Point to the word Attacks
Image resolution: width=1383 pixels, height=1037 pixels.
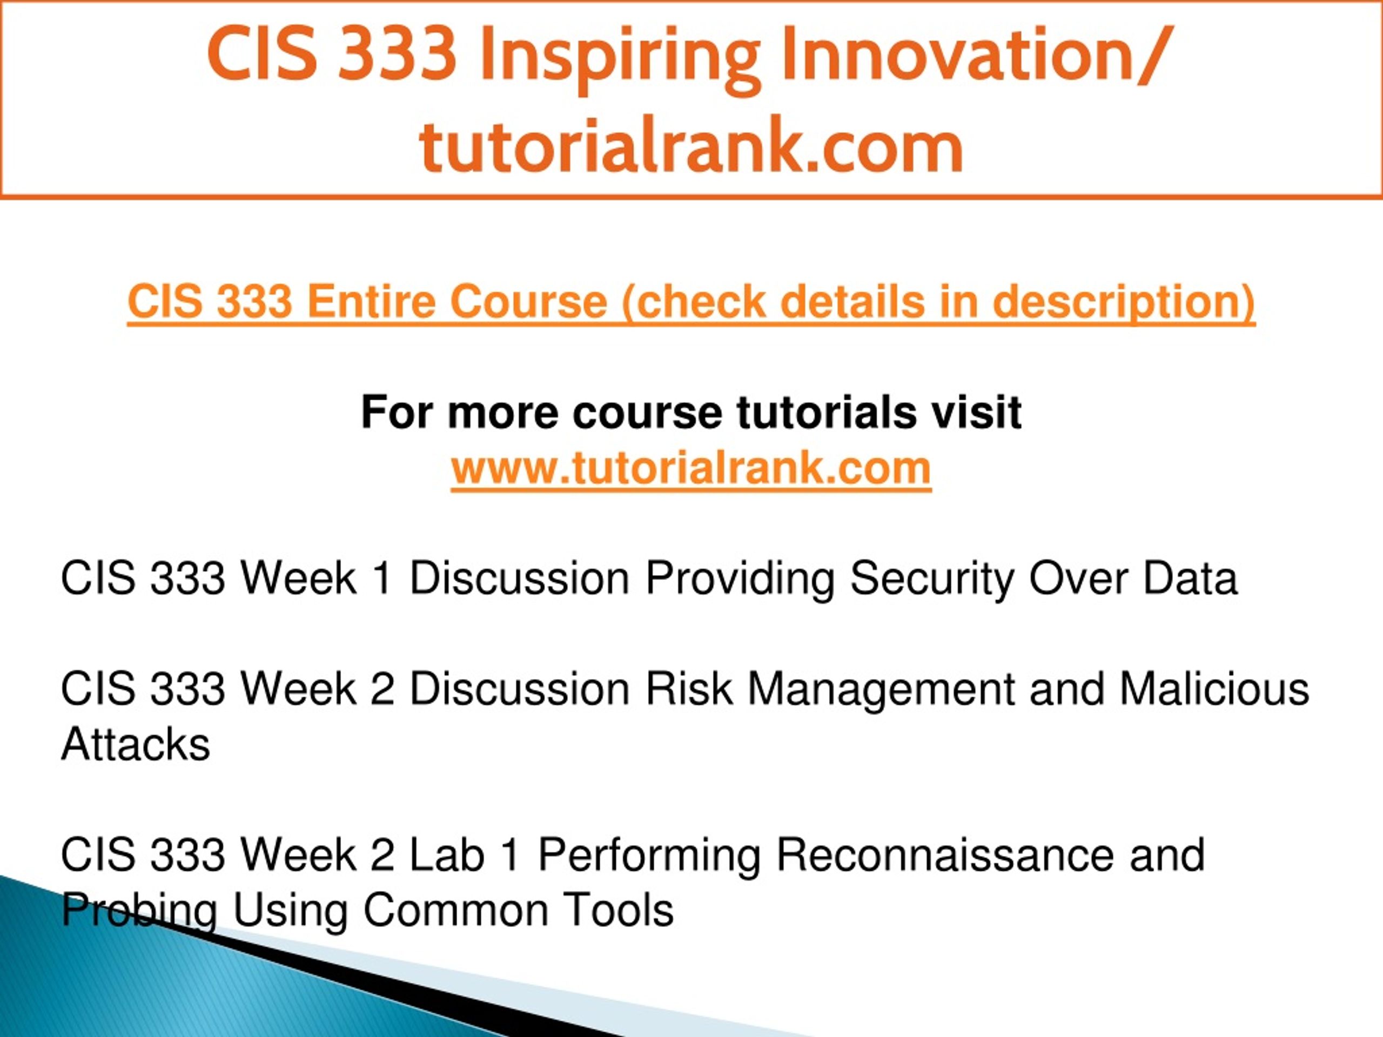point(136,744)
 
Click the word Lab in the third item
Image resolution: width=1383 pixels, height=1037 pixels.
point(447,854)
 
